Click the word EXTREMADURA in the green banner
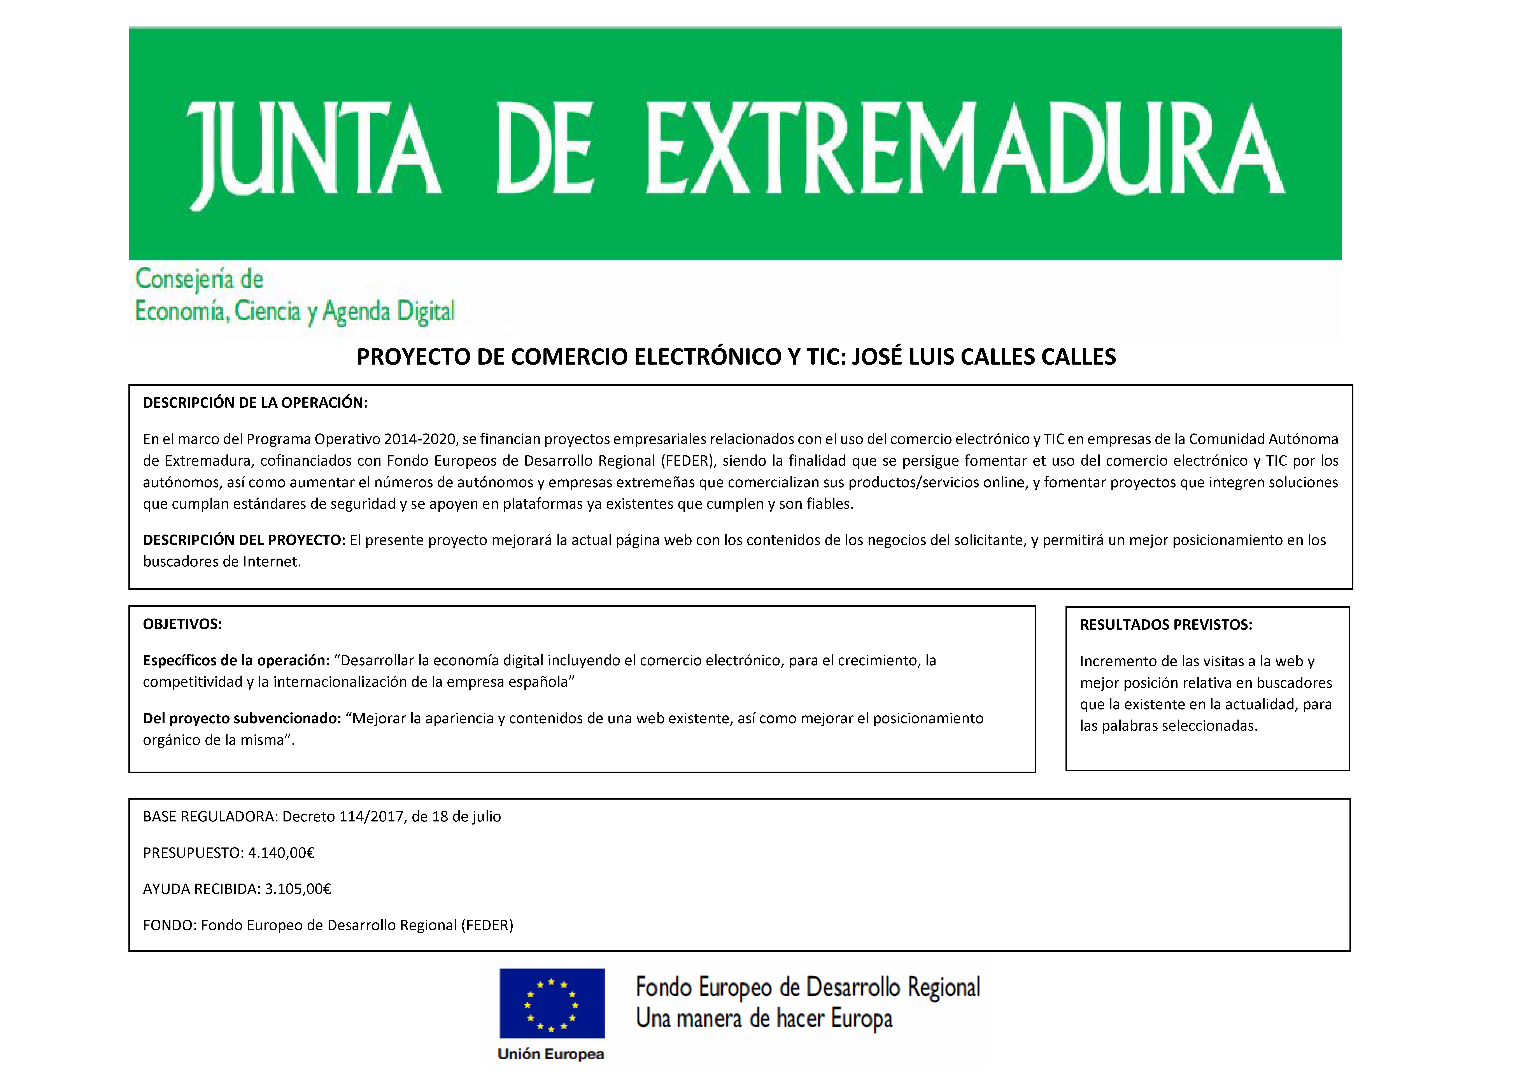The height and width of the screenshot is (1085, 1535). (x=965, y=149)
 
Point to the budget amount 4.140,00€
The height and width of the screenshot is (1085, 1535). (x=281, y=853)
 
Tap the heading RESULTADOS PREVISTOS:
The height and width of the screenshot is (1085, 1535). (x=1165, y=625)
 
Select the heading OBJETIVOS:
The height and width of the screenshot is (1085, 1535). (x=182, y=624)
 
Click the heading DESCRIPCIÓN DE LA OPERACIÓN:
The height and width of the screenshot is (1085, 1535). (x=255, y=403)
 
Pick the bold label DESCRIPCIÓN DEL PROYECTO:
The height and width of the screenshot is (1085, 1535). (x=244, y=540)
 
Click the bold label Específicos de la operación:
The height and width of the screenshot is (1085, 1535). (x=236, y=660)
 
